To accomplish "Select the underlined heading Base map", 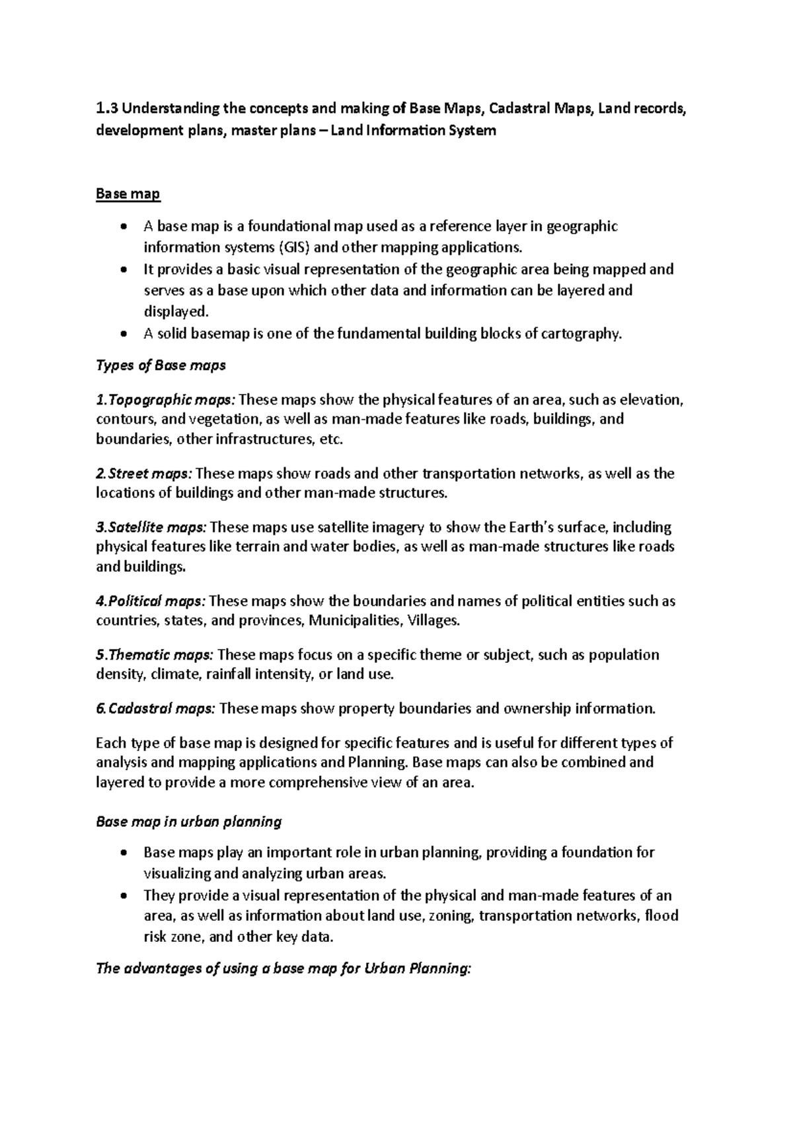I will click(x=128, y=194).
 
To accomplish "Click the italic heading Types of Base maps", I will click(x=161, y=366).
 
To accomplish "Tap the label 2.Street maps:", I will click(x=145, y=473).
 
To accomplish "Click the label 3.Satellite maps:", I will click(x=151, y=527).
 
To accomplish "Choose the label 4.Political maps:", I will click(x=151, y=601).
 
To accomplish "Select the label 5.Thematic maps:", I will click(x=155, y=655).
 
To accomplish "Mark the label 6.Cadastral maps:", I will click(x=156, y=709).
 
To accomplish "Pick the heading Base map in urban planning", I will click(x=189, y=822).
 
